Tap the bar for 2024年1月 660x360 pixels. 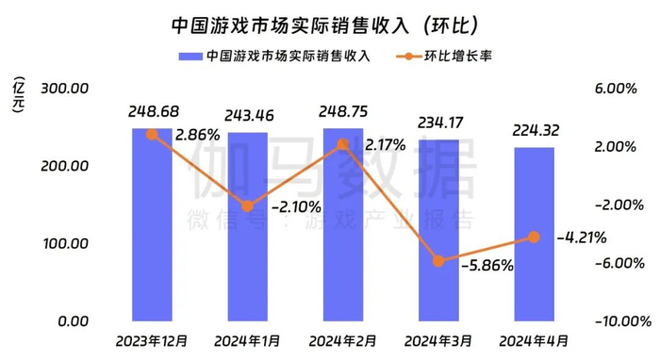tap(247, 226)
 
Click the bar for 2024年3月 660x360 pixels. tap(438, 230)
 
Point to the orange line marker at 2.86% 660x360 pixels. tap(152, 135)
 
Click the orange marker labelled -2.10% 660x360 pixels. tap(247, 205)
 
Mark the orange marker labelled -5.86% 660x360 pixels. tap(438, 260)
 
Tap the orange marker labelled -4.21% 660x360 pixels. tap(534, 237)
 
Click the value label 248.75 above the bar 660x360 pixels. tap(342, 112)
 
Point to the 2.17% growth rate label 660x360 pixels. tap(381, 145)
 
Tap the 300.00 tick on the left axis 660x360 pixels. tap(62, 89)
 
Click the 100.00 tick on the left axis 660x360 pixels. tap(62, 243)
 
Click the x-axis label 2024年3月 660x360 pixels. tap(438, 339)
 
